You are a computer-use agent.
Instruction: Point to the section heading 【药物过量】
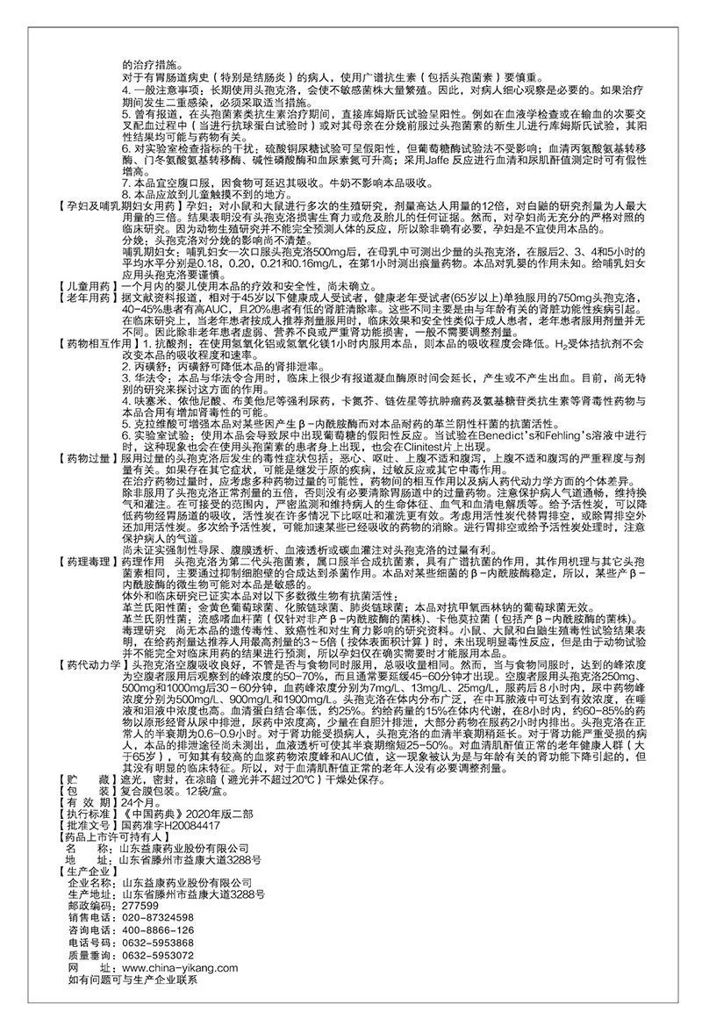point(87,458)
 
